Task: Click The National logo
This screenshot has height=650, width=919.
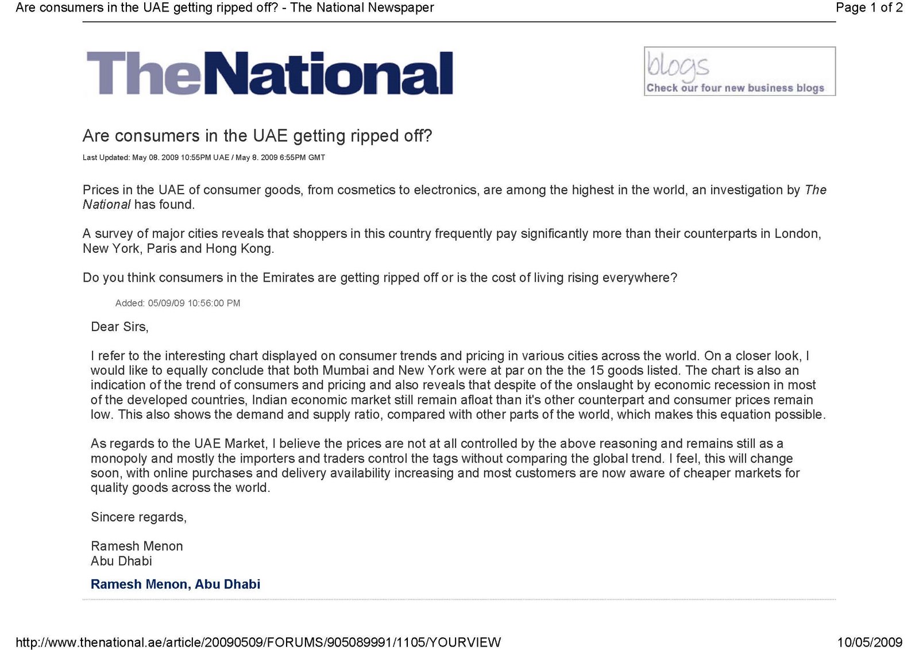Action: click(269, 73)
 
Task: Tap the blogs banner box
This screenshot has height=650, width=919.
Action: click(739, 71)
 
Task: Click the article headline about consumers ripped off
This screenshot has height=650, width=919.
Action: click(257, 136)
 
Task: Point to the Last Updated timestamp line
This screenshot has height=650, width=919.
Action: click(203, 157)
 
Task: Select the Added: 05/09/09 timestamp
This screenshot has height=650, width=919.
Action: click(177, 303)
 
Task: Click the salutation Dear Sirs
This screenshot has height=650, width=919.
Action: click(119, 327)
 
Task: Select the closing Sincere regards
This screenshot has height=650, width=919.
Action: click(138, 517)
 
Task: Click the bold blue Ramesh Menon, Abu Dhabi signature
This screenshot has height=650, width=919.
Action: click(175, 584)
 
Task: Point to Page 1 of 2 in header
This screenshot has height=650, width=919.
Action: click(868, 7)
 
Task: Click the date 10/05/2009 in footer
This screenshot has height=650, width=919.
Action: click(869, 642)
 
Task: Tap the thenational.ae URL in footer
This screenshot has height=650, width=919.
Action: click(258, 642)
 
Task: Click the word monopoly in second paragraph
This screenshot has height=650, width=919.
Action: click(119, 459)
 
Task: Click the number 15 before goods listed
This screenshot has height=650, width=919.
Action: click(597, 371)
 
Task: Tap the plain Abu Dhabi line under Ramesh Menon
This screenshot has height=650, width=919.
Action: click(121, 561)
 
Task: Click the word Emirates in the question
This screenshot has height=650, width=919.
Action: click(288, 278)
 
